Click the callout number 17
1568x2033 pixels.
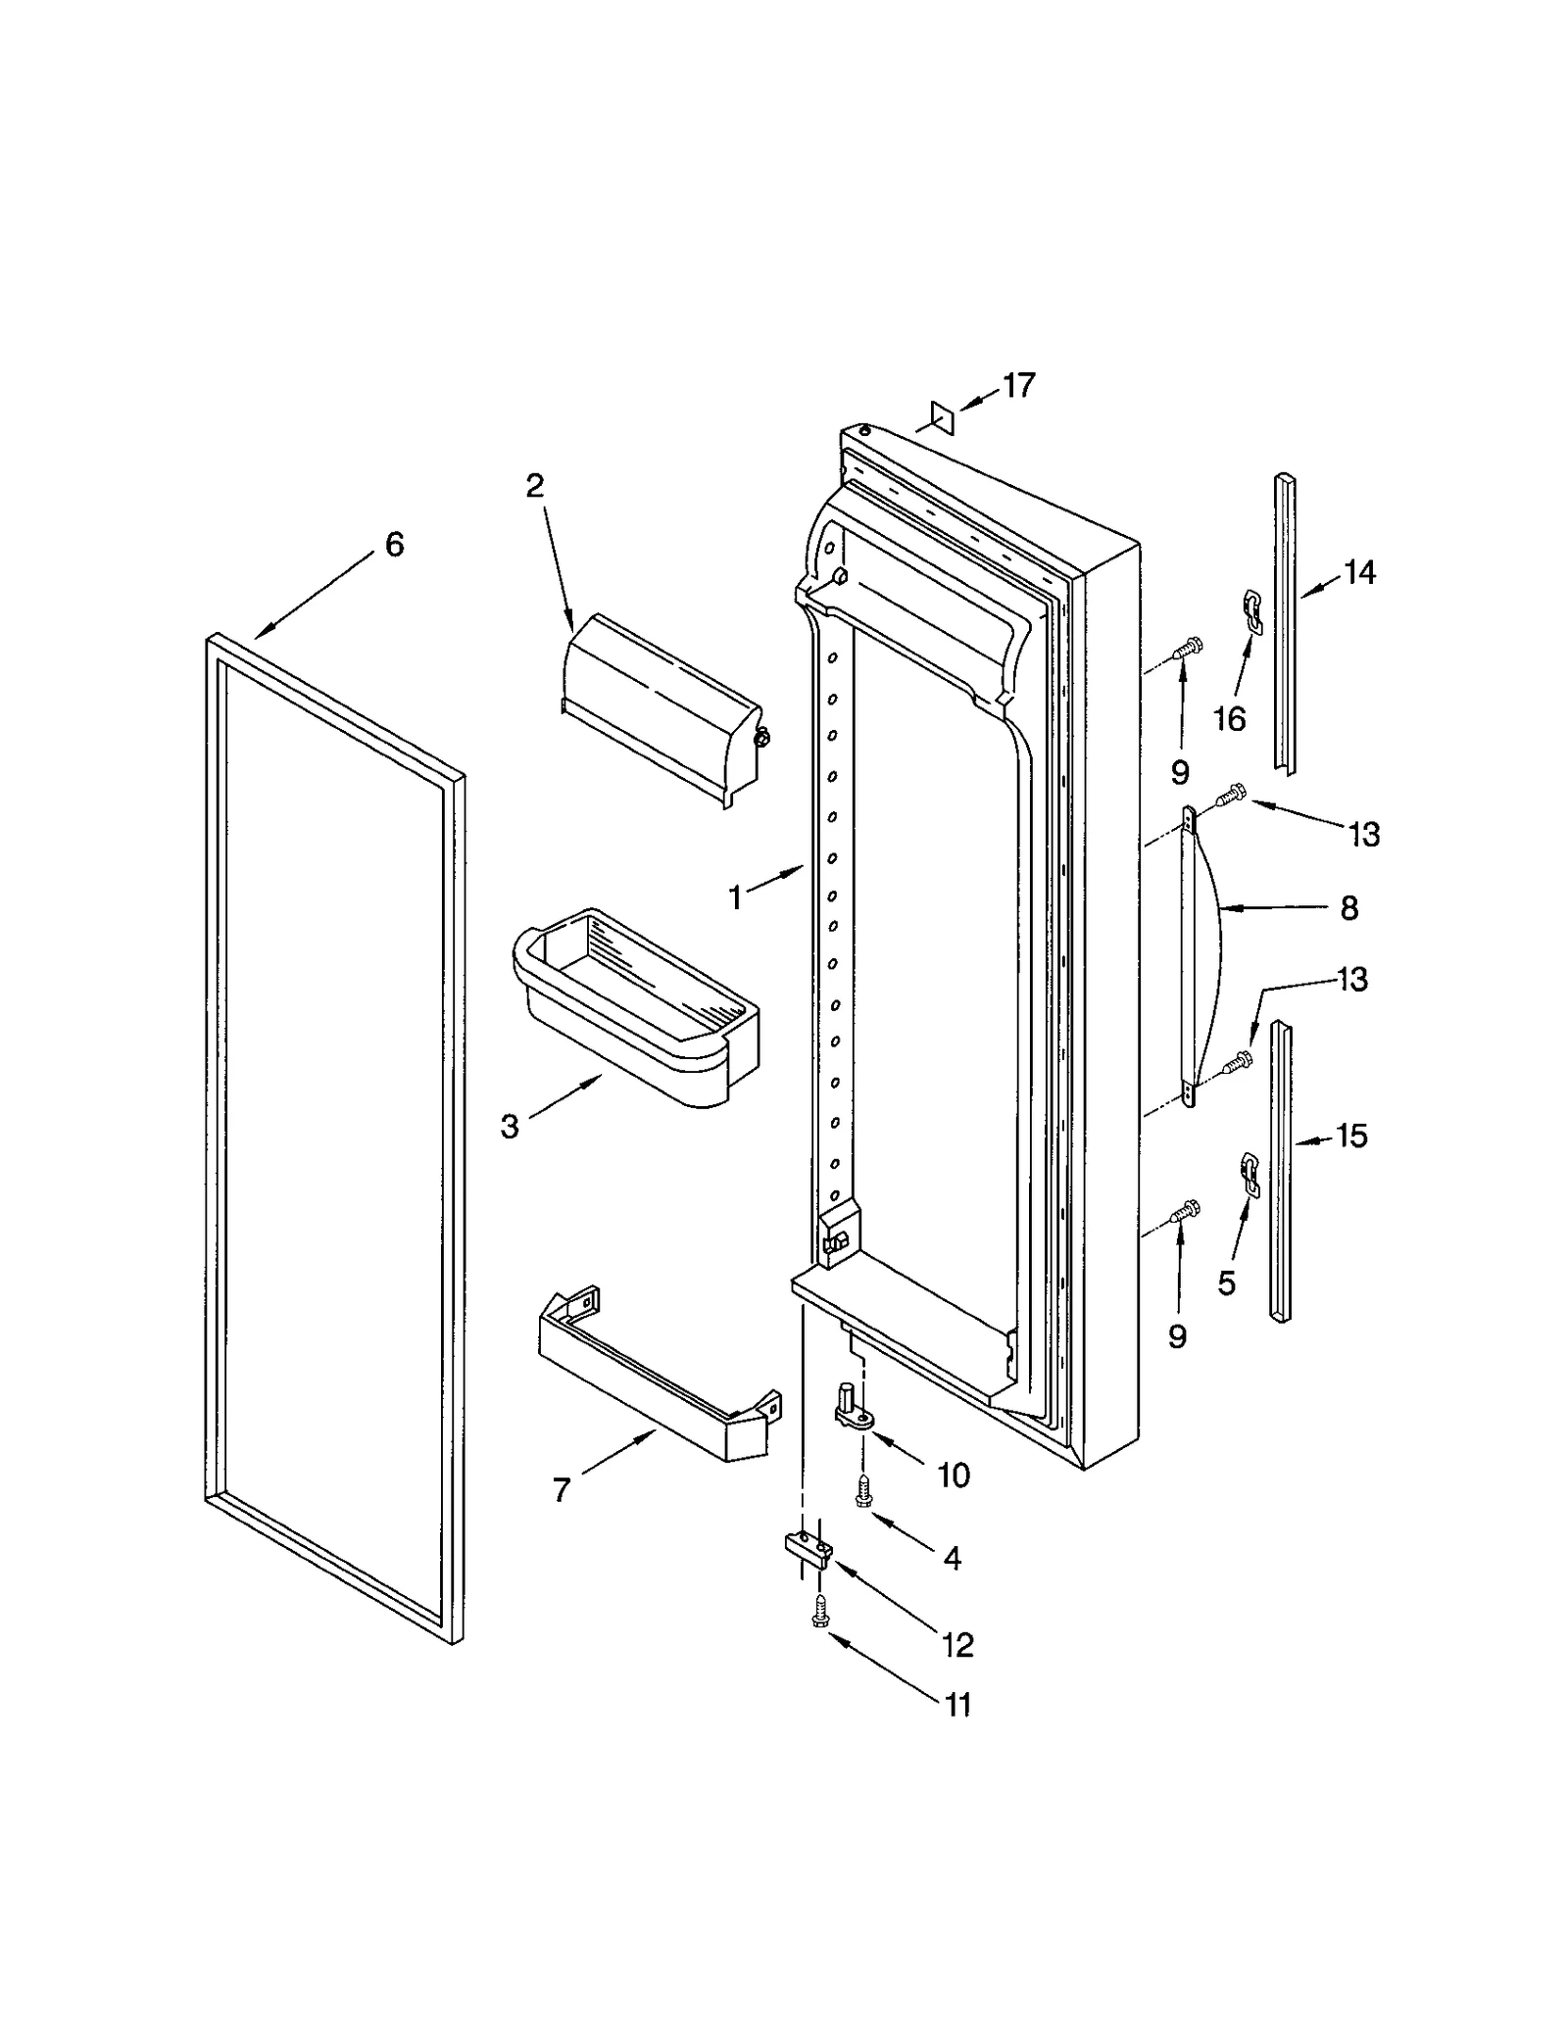(1018, 385)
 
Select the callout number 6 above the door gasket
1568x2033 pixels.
(394, 545)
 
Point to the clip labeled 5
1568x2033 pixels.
(1249, 1170)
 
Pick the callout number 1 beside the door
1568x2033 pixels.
(735, 896)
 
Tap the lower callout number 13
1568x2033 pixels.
(1352, 979)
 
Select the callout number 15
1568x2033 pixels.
(1350, 1137)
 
